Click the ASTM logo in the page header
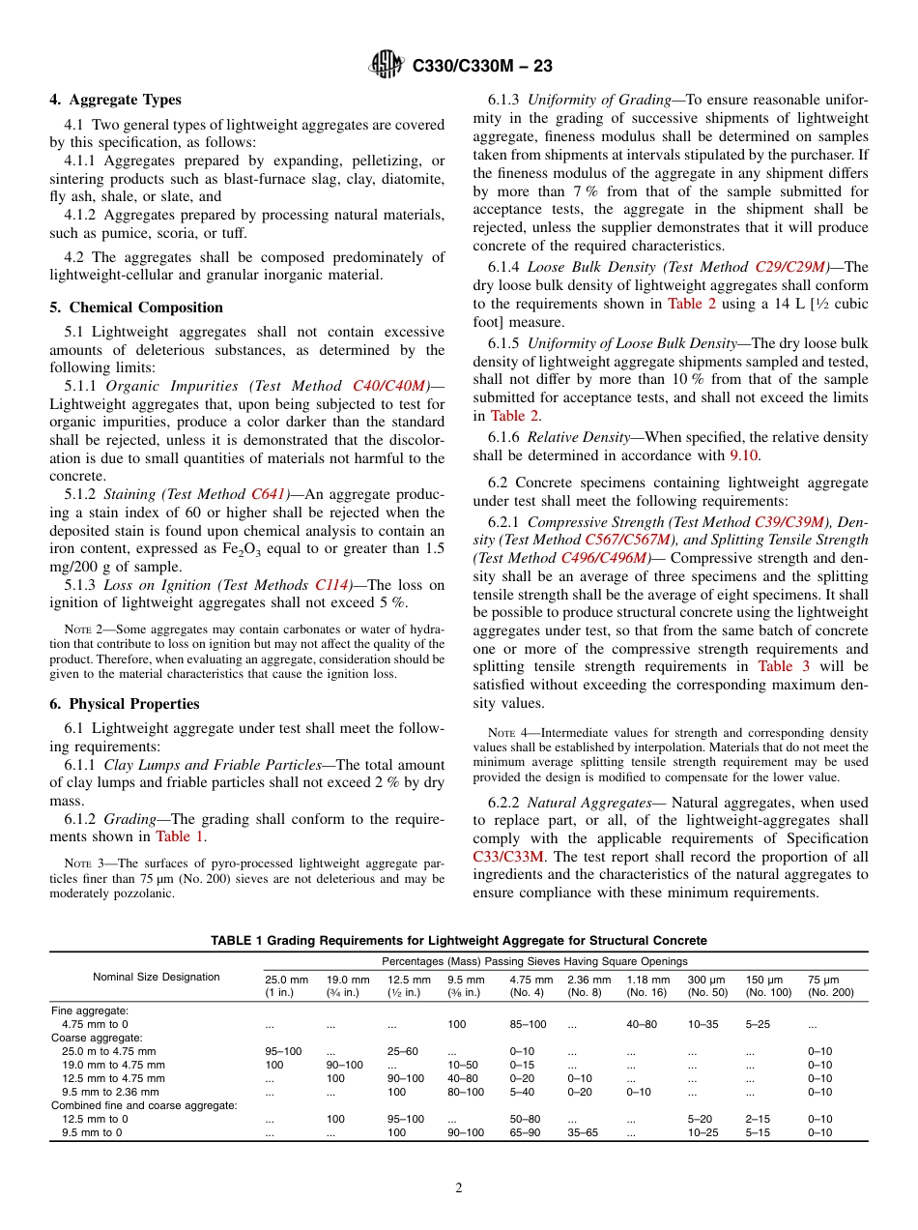(387, 66)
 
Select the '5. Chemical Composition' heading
(136, 307)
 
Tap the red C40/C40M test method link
(389, 386)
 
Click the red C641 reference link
(270, 494)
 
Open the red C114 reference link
(331, 585)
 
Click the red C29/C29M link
(791, 267)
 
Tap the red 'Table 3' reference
(783, 666)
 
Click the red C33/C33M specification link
(508, 857)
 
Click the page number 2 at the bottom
(459, 1188)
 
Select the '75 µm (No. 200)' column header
(830, 986)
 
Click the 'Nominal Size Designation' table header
(157, 977)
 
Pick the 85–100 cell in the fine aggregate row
(528, 1023)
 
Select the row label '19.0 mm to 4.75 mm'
(108, 1065)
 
